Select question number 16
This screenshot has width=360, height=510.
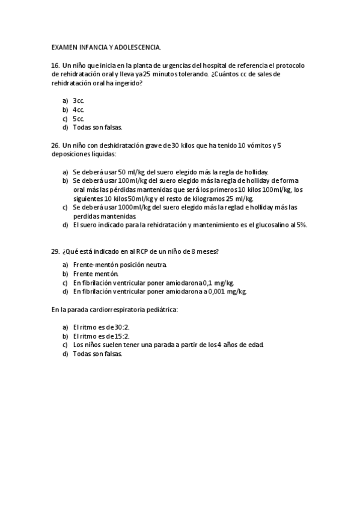tap(55, 65)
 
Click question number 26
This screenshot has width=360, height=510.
tap(55, 146)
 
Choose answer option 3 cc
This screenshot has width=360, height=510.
tap(78, 100)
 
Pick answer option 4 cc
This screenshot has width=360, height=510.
tap(78, 109)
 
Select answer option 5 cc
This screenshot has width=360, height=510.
tap(78, 118)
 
